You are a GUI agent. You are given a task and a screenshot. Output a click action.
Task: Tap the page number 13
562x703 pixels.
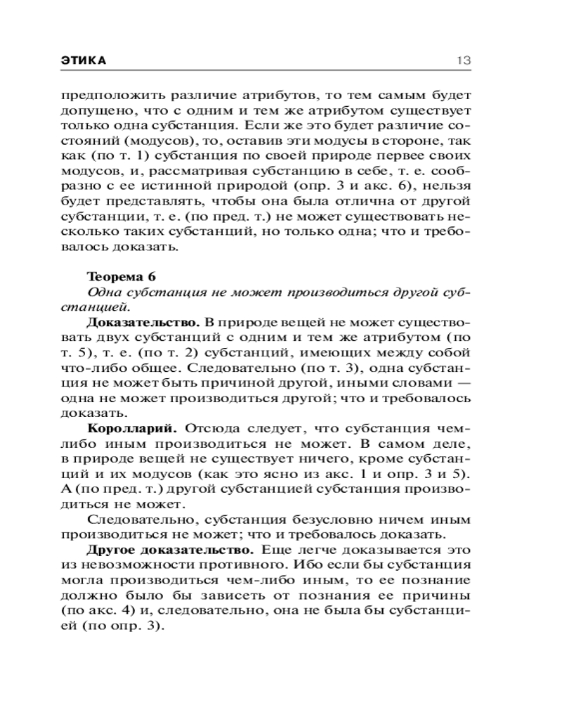(x=463, y=60)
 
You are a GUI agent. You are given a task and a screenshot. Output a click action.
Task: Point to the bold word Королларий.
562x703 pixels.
(x=132, y=427)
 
